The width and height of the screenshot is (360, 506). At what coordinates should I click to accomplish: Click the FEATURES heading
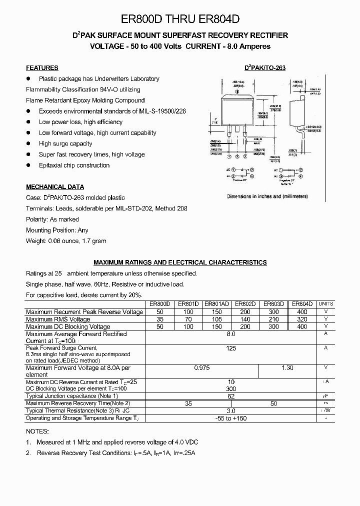pyautogui.click(x=42, y=68)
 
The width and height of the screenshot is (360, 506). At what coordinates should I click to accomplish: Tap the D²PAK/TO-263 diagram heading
pyautogui.click(x=264, y=68)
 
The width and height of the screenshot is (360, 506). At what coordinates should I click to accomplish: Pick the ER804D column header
pyautogui.click(x=302, y=303)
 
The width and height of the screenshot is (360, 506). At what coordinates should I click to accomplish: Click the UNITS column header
pyautogui.click(x=325, y=303)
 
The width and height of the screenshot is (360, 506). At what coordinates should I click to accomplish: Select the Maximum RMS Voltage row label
pyautogui.click(x=58, y=319)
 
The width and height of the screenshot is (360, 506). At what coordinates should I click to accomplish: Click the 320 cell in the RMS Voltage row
pyautogui.click(x=302, y=319)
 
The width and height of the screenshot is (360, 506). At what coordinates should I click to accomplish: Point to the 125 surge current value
pyautogui.click(x=231, y=348)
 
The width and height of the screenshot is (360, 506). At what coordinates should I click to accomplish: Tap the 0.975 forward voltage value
pyautogui.click(x=201, y=368)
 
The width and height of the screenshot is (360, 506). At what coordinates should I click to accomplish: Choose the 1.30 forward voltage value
pyautogui.click(x=287, y=368)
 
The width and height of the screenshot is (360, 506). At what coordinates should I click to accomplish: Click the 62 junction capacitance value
pyautogui.click(x=231, y=396)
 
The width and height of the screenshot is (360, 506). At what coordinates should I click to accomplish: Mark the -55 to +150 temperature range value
pyautogui.click(x=231, y=418)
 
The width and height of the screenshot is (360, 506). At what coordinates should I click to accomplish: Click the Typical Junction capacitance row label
pyautogui.click(x=68, y=396)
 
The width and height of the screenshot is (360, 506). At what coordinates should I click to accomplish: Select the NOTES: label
pyautogui.click(x=37, y=431)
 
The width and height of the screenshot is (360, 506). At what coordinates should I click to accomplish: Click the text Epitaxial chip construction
pyautogui.click(x=74, y=165)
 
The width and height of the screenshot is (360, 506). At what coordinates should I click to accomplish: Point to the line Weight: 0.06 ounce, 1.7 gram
pyautogui.click(x=66, y=241)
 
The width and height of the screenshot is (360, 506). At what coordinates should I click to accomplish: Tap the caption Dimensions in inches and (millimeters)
pyautogui.click(x=267, y=196)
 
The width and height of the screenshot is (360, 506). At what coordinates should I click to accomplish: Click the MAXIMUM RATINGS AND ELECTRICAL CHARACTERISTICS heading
pyautogui.click(x=180, y=262)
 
